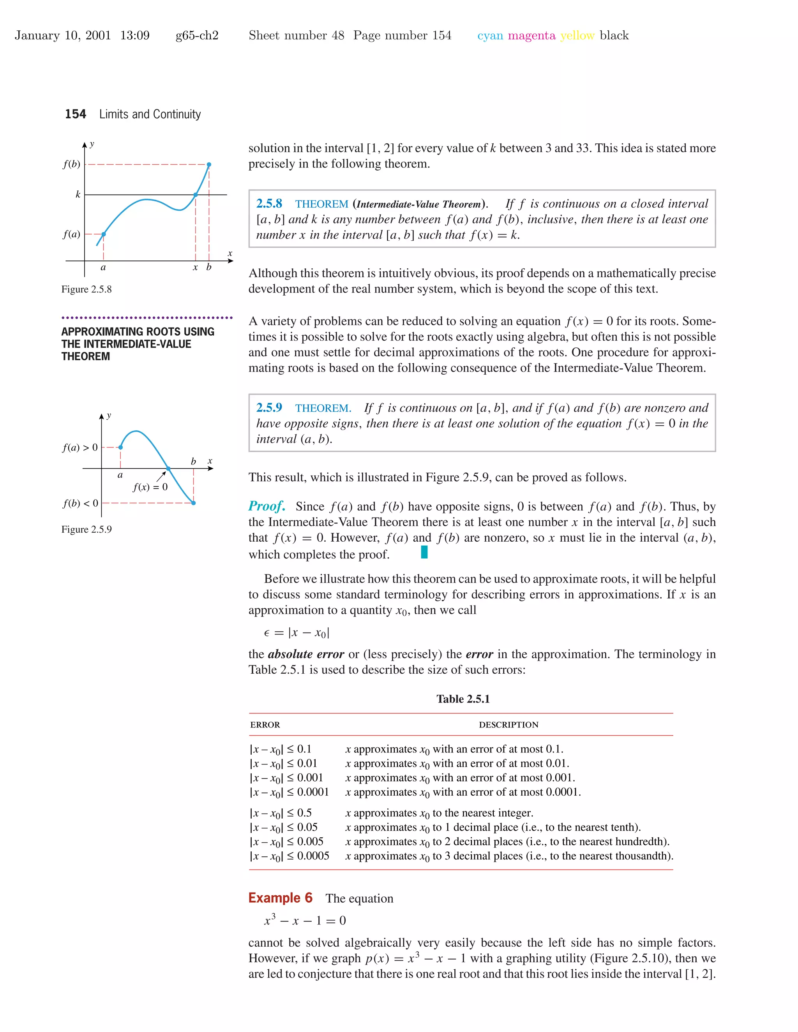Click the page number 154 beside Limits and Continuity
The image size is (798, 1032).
coord(75,114)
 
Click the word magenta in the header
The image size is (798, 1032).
coord(531,35)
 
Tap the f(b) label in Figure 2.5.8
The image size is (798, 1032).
coord(72,164)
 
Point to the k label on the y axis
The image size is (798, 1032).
coord(78,194)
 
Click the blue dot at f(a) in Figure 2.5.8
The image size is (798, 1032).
coord(104,234)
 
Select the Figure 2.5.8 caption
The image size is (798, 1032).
coord(87,289)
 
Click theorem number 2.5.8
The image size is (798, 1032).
coord(269,204)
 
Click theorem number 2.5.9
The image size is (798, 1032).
coord(269,408)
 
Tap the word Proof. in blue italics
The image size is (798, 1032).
coord(267,506)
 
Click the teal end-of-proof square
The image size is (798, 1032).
coord(424,552)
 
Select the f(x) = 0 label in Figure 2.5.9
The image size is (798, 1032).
coord(150,487)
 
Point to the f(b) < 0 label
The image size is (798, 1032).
coord(80,503)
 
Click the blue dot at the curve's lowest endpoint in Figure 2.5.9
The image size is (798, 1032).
coord(193,503)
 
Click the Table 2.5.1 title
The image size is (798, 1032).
coord(463,699)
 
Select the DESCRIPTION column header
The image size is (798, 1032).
coord(508,725)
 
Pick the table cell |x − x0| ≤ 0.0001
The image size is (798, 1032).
coord(290,792)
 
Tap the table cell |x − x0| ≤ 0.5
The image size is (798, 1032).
coord(281,813)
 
